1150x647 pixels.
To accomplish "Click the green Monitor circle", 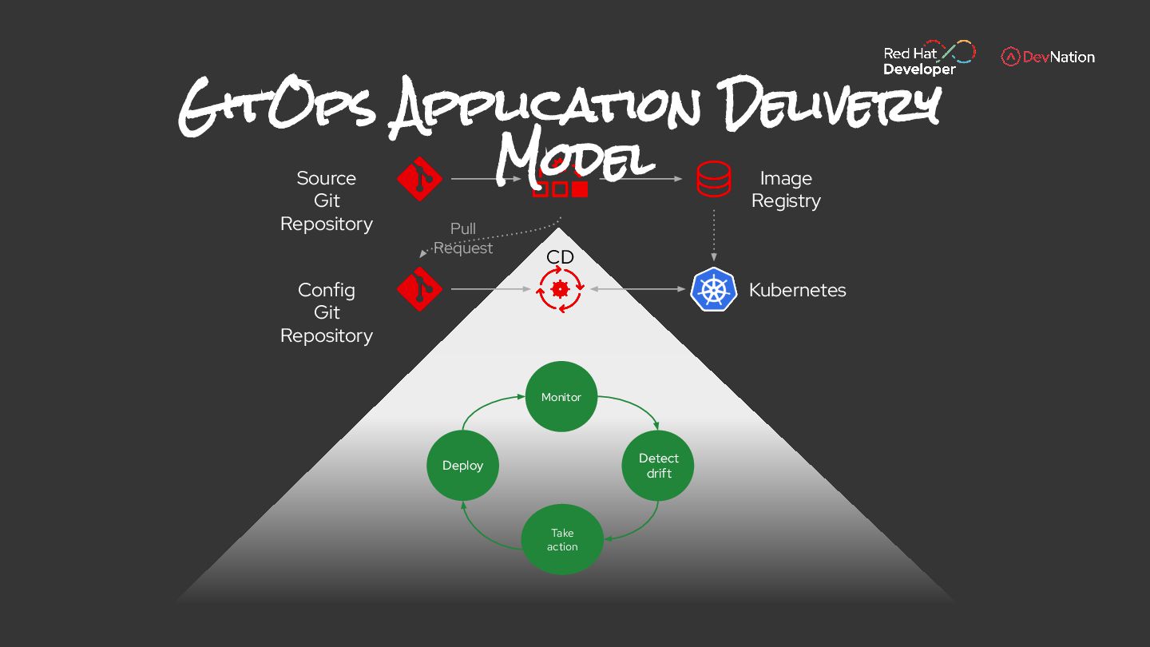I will point(561,397).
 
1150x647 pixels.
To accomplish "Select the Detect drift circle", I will point(658,466).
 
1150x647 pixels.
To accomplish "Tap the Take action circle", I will point(561,539).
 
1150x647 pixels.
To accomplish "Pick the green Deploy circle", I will point(463,466).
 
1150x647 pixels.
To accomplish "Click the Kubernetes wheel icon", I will point(713,289).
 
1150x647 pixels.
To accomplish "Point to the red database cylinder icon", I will point(713,179).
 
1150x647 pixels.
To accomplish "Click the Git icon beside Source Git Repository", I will point(420,179).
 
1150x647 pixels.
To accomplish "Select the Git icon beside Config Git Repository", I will point(420,288).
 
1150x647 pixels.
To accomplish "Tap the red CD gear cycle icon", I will point(560,289).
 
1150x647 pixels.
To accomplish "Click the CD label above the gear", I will point(560,257).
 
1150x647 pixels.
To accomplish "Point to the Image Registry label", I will point(786,189).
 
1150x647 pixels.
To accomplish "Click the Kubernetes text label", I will point(797,290).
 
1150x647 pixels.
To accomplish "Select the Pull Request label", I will point(463,238).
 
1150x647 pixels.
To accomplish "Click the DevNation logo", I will point(1048,57).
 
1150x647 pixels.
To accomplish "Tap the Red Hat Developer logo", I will point(929,58).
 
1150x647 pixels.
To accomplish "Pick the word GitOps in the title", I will point(276,109).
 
